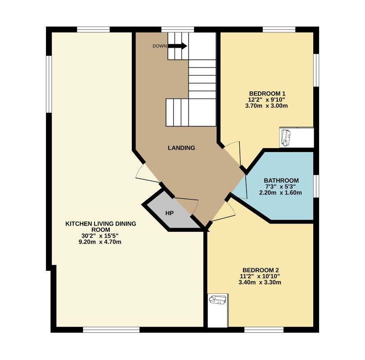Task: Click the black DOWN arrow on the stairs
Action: click(x=178, y=46)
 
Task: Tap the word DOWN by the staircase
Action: click(x=159, y=46)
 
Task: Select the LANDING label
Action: click(x=181, y=148)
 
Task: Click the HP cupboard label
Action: click(x=169, y=213)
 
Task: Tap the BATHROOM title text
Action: click(x=281, y=180)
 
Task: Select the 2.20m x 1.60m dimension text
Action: click(x=281, y=193)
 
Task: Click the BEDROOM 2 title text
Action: click(x=261, y=270)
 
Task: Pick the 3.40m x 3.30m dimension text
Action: click(x=261, y=283)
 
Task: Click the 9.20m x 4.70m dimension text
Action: click(x=100, y=242)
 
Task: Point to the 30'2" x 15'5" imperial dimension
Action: click(x=100, y=235)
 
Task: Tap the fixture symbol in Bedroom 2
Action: click(x=218, y=300)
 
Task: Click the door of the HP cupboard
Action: click(x=189, y=207)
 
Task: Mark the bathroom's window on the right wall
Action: click(x=316, y=186)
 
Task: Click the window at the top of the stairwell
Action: click(x=177, y=30)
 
